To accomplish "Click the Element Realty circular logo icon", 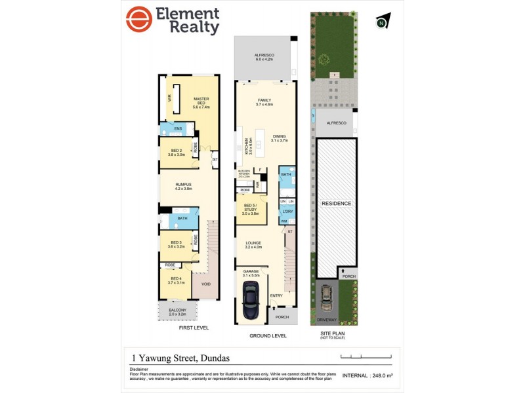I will [x=138, y=20].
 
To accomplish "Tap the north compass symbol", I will [x=381, y=22].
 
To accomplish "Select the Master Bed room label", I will [x=201, y=103].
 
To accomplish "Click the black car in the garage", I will [x=250, y=303].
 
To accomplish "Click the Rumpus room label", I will [x=183, y=187].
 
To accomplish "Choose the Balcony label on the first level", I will [x=177, y=312].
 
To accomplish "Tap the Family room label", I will [x=264, y=102].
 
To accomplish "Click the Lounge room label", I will [x=253, y=244].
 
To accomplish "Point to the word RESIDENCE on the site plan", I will [x=336, y=204].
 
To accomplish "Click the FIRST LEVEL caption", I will [x=194, y=327].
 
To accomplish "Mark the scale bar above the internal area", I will [x=366, y=357].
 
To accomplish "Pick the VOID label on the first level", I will [x=206, y=284].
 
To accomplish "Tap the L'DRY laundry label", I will [x=287, y=211].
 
